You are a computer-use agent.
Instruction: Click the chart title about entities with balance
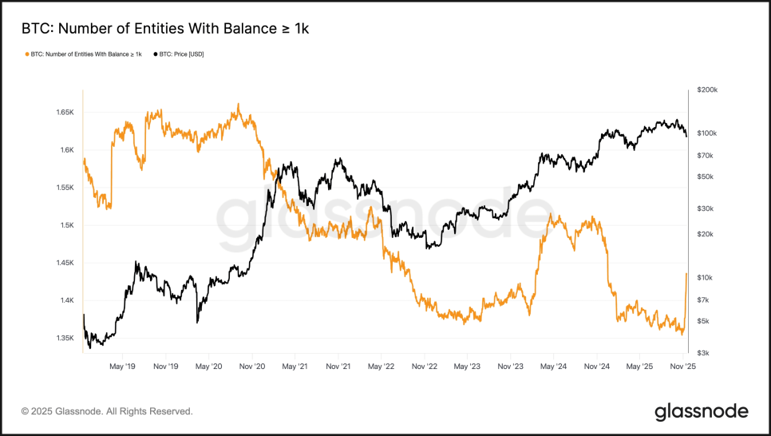pos(164,29)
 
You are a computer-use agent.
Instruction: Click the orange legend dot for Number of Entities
pos(27,54)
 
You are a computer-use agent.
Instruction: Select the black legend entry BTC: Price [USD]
pos(179,54)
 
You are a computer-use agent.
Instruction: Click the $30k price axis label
pos(706,208)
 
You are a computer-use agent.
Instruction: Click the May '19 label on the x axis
pos(121,367)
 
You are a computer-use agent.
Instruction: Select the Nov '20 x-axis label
pos(251,367)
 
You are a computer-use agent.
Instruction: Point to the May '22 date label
pos(381,367)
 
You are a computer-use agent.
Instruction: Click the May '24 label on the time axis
pos(553,367)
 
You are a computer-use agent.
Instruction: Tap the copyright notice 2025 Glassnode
pos(106,411)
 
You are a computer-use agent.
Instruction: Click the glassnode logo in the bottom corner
pos(702,411)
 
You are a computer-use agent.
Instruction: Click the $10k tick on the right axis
pos(706,278)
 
